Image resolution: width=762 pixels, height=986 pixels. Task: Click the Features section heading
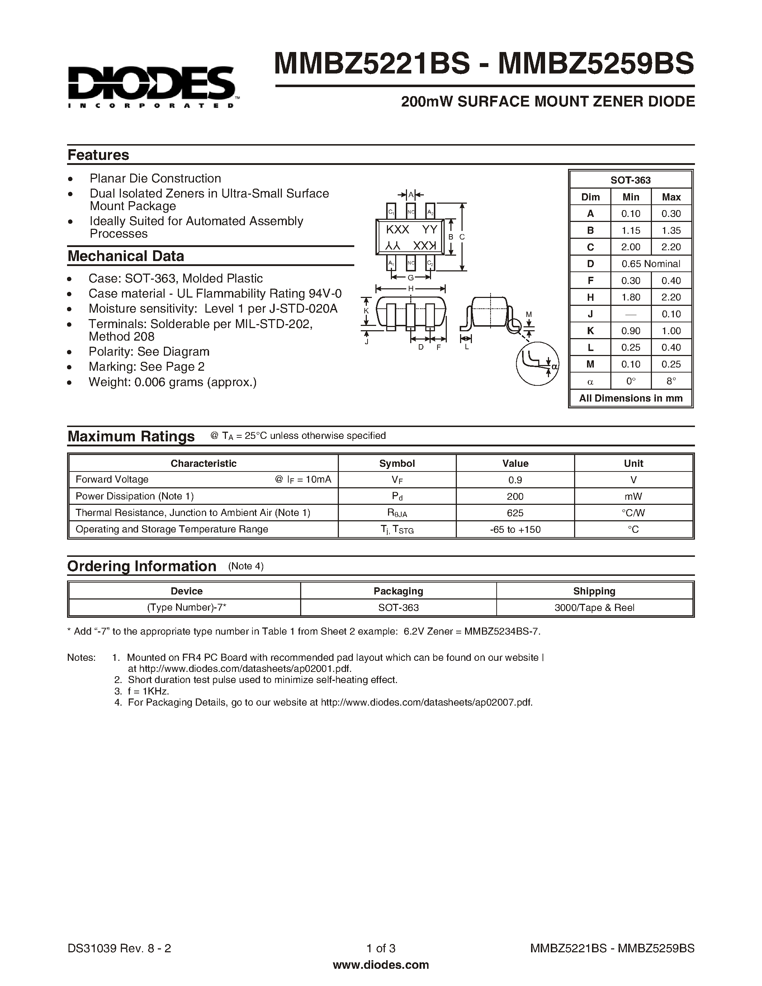coord(98,155)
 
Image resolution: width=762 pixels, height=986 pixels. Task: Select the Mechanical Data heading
coord(126,256)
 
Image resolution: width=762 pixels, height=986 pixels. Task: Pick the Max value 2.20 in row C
coord(671,247)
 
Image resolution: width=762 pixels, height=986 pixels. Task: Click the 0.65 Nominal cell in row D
coord(650,264)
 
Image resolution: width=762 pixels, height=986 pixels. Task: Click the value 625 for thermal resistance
coord(515,513)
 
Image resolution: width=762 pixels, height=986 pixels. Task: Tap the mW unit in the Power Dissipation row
coord(633,496)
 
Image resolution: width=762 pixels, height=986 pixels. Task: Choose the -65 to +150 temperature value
coord(515,530)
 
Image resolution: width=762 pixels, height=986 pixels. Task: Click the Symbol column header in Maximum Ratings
coord(397,463)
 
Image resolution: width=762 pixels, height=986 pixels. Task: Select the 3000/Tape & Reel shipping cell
coord(594,608)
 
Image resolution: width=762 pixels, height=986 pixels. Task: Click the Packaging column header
coord(398,591)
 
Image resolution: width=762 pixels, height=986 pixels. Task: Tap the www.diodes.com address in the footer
coord(380,965)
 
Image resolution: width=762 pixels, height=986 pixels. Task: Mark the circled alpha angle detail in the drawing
coord(537,364)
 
